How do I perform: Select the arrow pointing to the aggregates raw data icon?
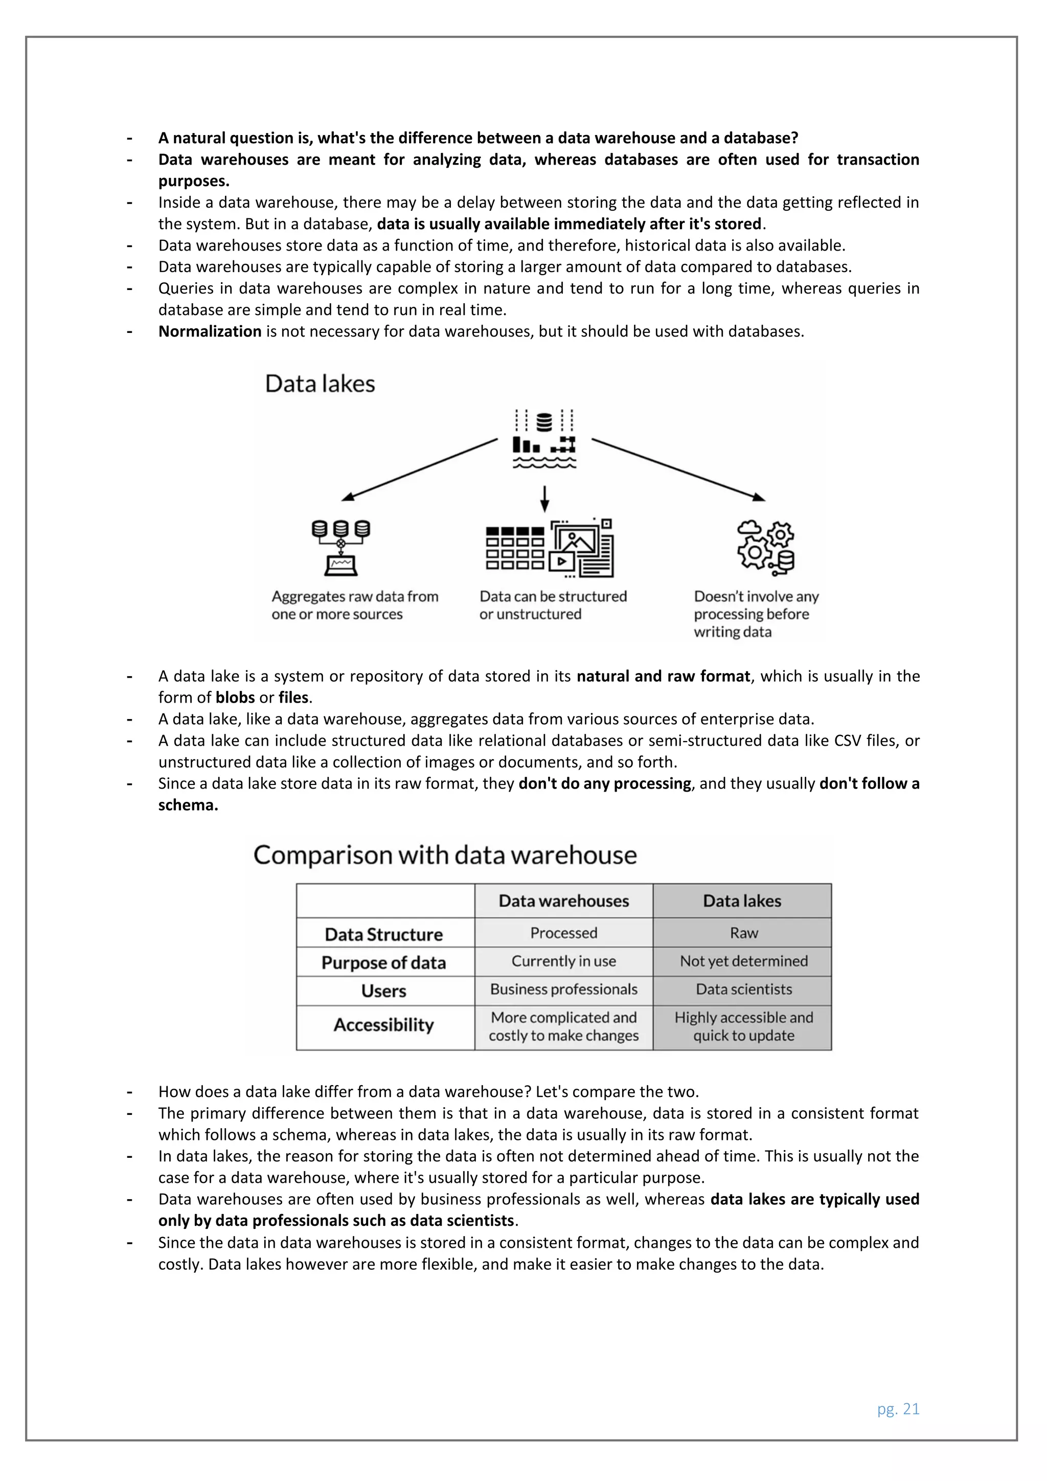(x=419, y=469)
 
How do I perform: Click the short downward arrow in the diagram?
(x=545, y=499)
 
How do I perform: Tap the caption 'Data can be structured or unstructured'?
(x=553, y=605)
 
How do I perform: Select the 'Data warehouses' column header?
(x=563, y=901)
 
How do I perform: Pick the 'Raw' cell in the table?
(x=743, y=933)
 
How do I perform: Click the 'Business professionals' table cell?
(x=563, y=989)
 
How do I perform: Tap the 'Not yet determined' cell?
(x=743, y=961)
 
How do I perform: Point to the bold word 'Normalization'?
(x=210, y=331)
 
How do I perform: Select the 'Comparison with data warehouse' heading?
(x=445, y=856)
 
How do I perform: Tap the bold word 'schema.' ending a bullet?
(x=188, y=805)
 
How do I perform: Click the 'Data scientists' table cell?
(x=743, y=989)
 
